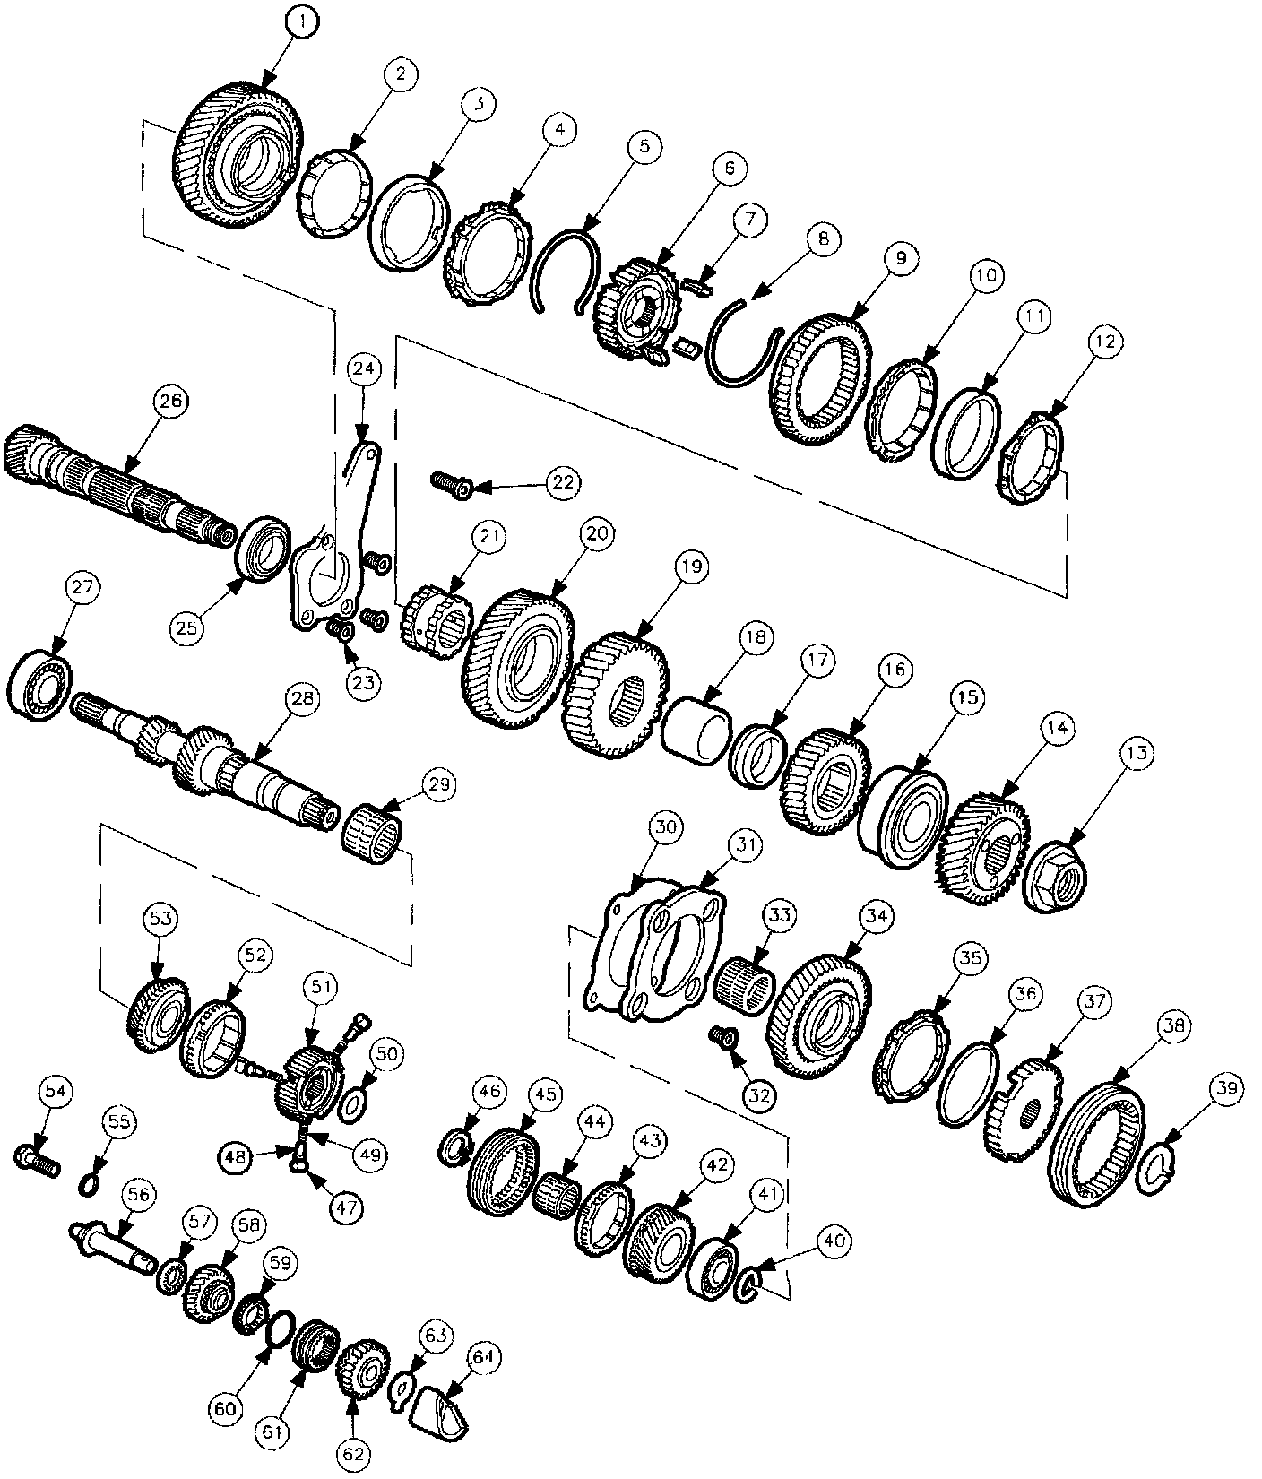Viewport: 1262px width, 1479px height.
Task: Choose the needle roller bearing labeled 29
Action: click(x=373, y=828)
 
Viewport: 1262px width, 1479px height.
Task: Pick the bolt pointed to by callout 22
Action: click(x=452, y=483)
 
